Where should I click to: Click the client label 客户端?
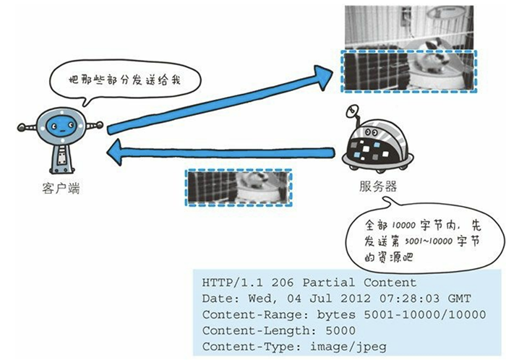61,188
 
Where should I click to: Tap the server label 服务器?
378,187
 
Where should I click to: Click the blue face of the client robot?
62,126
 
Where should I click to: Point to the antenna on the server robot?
353,114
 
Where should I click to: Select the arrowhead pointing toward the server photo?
323,77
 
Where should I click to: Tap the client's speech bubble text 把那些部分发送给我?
124,80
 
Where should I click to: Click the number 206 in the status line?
283,283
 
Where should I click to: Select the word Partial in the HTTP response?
328,283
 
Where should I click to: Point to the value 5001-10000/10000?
425,314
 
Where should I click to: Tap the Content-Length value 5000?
340,330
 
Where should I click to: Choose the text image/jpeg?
348,347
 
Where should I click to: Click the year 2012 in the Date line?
356,299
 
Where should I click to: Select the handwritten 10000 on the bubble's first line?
403,225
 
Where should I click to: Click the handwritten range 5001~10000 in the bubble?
429,241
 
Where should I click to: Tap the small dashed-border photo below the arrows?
239,187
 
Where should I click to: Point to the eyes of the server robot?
372,132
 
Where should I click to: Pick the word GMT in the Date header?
459,299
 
